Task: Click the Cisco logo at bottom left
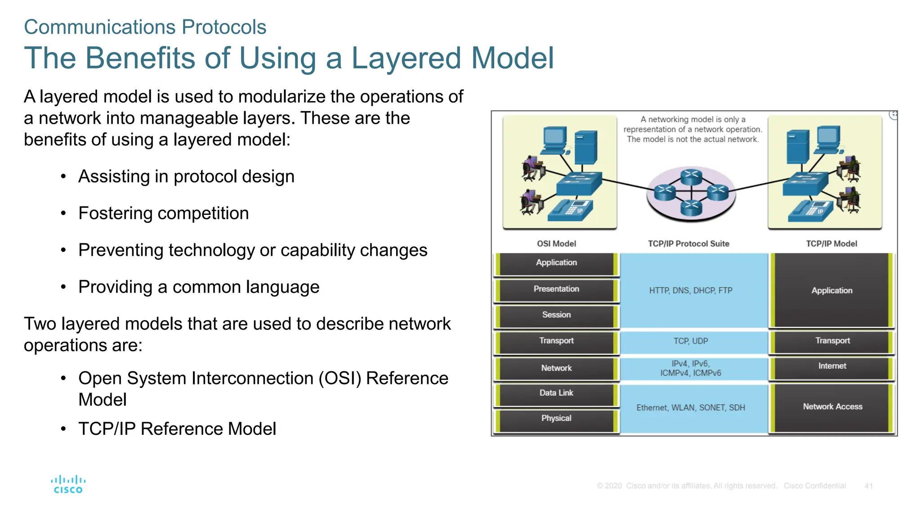[68, 484]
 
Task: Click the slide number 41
[868, 486]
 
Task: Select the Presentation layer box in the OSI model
[556, 289]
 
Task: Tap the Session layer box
[556, 315]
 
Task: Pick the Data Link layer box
[556, 393]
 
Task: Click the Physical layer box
[556, 419]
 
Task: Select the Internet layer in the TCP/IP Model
[832, 366]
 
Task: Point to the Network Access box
[832, 407]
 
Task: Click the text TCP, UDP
[690, 341]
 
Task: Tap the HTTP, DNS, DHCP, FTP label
[690, 290]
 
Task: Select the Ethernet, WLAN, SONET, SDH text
[690, 408]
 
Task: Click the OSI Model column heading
[556, 244]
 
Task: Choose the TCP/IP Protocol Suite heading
[688, 244]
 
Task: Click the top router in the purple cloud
[691, 176]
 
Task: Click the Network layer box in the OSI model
[556, 368]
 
